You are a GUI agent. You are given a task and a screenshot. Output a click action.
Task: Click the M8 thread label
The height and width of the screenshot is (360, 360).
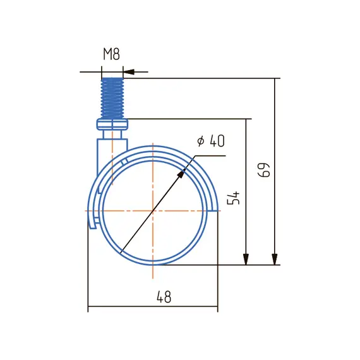pyautogui.click(x=111, y=54)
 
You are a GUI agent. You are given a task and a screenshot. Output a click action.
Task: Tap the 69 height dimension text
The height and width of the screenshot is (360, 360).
pyautogui.click(x=264, y=170)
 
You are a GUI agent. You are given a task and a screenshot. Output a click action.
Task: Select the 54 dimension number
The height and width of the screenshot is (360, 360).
pyautogui.click(x=233, y=198)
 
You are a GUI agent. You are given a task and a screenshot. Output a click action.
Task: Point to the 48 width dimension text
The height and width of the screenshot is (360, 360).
pyautogui.click(x=164, y=297)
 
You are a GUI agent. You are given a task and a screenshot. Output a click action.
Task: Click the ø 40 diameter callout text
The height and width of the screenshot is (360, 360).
pyautogui.click(x=211, y=141)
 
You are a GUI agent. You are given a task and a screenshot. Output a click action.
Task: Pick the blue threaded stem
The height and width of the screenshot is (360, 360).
pyautogui.click(x=112, y=98)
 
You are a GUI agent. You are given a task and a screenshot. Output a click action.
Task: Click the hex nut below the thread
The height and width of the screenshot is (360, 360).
pyautogui.click(x=112, y=124)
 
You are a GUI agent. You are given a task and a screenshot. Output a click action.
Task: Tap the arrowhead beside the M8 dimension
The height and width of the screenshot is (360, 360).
pyautogui.click(x=129, y=72)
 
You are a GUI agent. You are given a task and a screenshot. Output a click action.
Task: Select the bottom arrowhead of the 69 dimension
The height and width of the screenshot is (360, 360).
pyautogui.click(x=275, y=260)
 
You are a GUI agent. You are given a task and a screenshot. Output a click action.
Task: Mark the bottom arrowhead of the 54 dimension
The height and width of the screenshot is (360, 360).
pyautogui.click(x=246, y=260)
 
